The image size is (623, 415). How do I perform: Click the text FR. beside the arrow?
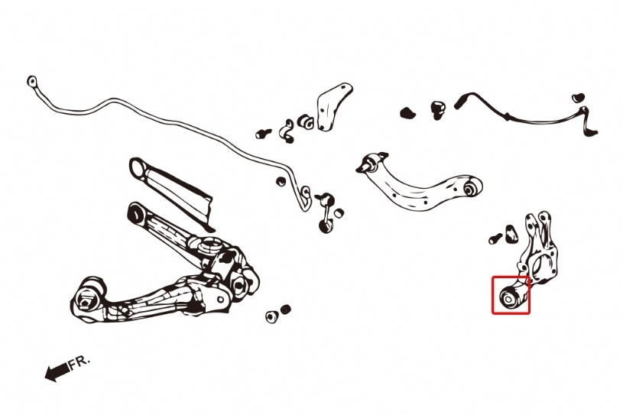(79, 362)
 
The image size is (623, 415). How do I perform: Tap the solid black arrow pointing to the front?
(57, 371)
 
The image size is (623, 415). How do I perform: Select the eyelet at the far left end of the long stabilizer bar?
(32, 82)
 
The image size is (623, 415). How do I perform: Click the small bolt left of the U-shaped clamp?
(263, 133)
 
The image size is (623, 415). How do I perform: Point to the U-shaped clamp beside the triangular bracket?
(287, 131)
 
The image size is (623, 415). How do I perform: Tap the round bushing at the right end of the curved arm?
(472, 186)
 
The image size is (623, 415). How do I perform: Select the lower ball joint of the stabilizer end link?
(326, 226)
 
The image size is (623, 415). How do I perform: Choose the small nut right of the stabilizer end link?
(339, 213)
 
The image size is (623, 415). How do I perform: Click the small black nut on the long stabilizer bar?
(281, 181)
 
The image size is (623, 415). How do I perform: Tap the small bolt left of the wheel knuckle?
(495, 238)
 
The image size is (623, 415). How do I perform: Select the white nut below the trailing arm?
(271, 316)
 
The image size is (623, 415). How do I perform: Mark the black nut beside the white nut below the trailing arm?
(286, 309)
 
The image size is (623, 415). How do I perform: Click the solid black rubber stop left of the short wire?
(407, 113)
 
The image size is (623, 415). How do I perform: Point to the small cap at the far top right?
(578, 97)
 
